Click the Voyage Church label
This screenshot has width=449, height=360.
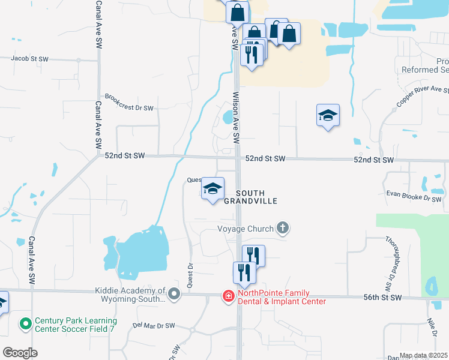tap(246, 229)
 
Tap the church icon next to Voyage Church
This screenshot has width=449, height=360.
tap(283, 228)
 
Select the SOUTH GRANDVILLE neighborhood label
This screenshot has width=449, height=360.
tap(250, 197)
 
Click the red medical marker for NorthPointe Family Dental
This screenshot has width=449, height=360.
tap(228, 296)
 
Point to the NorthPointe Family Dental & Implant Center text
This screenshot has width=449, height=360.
tap(282, 297)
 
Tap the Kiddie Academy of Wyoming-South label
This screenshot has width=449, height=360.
tap(130, 295)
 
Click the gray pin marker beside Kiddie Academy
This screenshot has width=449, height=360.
tap(174, 294)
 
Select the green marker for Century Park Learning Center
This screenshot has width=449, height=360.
tap(25, 325)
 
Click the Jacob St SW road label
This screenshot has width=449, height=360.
tap(29, 59)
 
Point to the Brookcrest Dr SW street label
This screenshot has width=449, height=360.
tap(129, 102)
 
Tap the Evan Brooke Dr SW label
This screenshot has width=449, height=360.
tap(414, 196)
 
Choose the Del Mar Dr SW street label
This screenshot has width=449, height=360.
tap(154, 325)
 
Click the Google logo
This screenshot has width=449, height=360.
tap(20, 352)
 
